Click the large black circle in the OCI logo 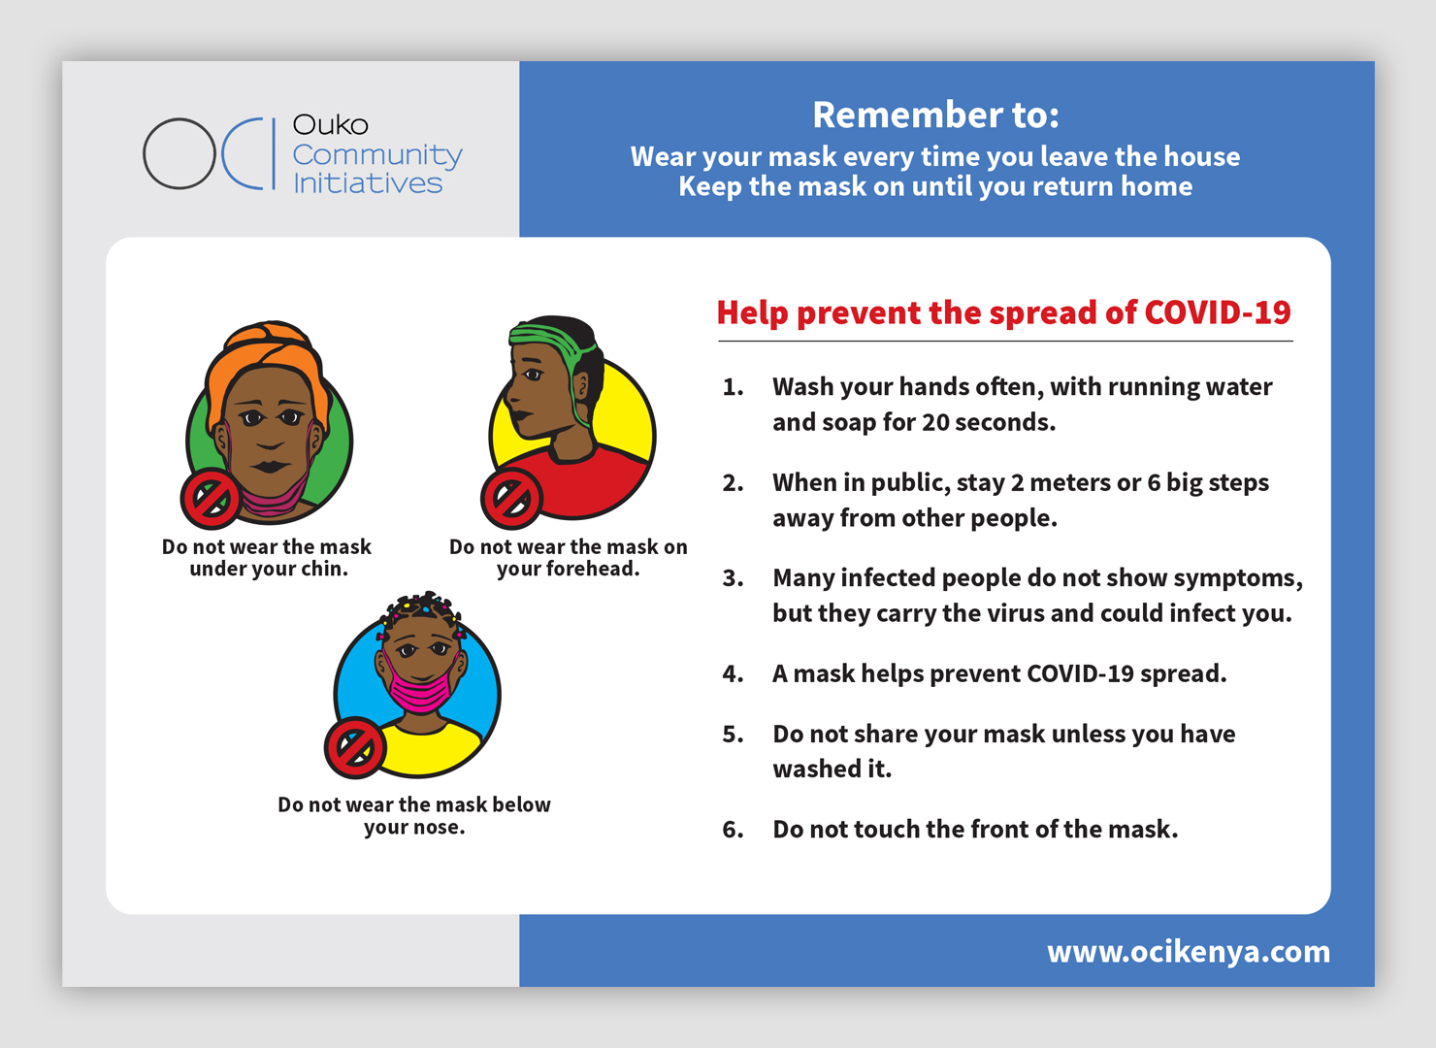click(144, 154)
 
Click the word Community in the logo click(376, 156)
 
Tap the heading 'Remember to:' click(935, 115)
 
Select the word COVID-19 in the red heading click(1218, 312)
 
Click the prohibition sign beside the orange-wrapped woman click(211, 499)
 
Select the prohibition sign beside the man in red click(511, 498)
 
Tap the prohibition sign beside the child click(355, 747)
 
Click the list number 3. click(733, 578)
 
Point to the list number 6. click(733, 830)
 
